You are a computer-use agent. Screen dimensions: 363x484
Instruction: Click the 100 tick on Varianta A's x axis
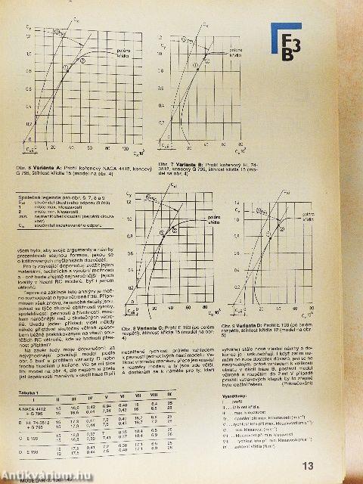pyautogui.click(x=126, y=149)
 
